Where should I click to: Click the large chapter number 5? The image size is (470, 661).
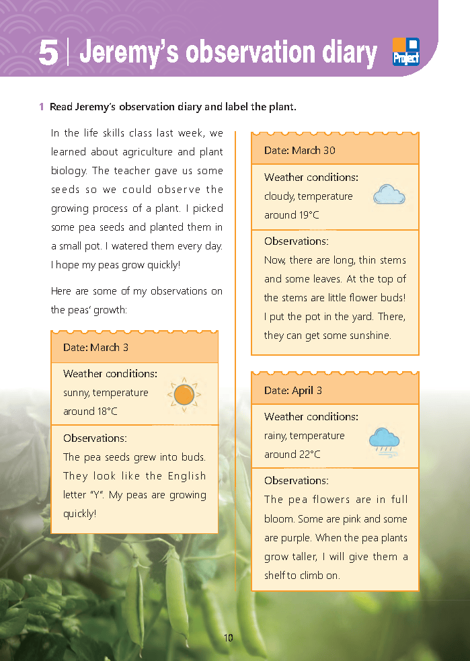pos(48,52)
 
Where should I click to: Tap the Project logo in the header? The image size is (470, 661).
pos(405,52)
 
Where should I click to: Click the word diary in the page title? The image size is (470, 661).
pos(343,52)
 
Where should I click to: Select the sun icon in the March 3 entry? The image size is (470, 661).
pos(183,395)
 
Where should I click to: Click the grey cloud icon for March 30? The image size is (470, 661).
pos(389,195)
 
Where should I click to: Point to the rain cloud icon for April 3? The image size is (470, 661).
pos(384,441)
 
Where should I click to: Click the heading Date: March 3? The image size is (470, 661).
pos(95,348)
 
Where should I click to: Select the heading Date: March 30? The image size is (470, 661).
pos(300,151)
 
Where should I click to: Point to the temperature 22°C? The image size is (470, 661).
pos(309,455)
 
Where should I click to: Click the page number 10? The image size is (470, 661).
pos(229,637)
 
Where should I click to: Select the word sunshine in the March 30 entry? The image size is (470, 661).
pos(369,336)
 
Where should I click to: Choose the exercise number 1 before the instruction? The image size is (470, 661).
pos(42,107)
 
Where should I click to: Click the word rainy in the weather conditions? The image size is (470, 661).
pos(278,436)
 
